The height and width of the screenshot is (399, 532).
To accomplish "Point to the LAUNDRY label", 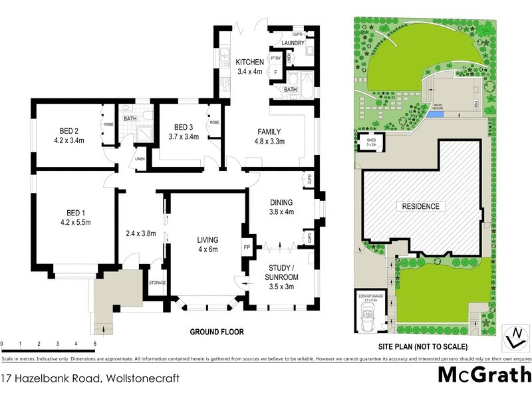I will point(293,43).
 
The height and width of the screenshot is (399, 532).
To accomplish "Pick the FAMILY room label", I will point(270,132).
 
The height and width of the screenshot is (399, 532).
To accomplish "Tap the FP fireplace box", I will point(247,247).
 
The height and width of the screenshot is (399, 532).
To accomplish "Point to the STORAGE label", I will point(157,282).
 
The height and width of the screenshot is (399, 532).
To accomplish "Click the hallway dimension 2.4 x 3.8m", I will point(140,233).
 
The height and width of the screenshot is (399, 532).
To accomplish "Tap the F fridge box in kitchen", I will point(275,73).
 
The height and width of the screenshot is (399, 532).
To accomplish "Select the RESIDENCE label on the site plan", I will point(420,206).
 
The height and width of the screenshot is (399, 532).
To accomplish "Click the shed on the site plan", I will point(367,143).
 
